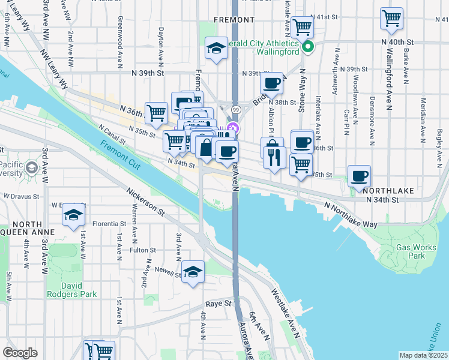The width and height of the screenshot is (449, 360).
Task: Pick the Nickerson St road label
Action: (145, 202)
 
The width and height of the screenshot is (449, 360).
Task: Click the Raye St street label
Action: (218, 304)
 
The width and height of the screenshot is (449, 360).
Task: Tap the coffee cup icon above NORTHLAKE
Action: (359, 175)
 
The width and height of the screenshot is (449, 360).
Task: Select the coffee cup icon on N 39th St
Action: (271, 83)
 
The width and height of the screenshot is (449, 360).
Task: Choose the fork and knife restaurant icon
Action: (273, 157)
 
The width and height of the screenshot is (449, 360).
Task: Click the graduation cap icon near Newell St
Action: (193, 271)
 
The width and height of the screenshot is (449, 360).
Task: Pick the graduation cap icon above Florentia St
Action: (73, 214)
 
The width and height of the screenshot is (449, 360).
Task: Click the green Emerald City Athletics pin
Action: (308, 46)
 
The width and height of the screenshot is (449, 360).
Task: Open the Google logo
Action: (20, 353)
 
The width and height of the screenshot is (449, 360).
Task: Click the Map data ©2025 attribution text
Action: (423, 355)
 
